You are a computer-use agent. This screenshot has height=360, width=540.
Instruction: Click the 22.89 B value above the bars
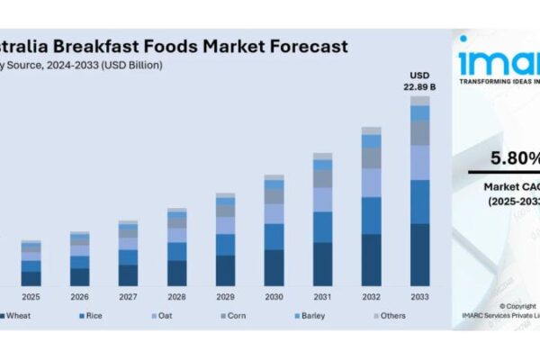tap(420, 86)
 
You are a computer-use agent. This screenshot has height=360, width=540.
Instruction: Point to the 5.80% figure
tap(515, 159)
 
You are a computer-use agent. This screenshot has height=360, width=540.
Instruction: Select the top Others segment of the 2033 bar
tap(420, 101)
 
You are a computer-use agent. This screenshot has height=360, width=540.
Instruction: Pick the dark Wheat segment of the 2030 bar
tap(274, 267)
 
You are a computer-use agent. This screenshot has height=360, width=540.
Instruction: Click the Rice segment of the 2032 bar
tap(372, 215)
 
